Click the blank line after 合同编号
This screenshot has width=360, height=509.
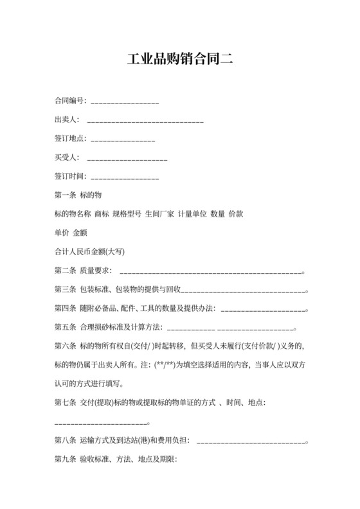coord(125,102)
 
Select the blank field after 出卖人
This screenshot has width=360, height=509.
coord(145,121)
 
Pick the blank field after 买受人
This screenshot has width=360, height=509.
coord(127,158)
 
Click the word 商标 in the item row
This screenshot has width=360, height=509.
coord(102,213)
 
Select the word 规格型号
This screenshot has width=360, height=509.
coord(127,213)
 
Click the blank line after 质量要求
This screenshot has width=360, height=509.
coord(210,272)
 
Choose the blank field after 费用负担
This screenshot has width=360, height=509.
coord(251,442)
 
